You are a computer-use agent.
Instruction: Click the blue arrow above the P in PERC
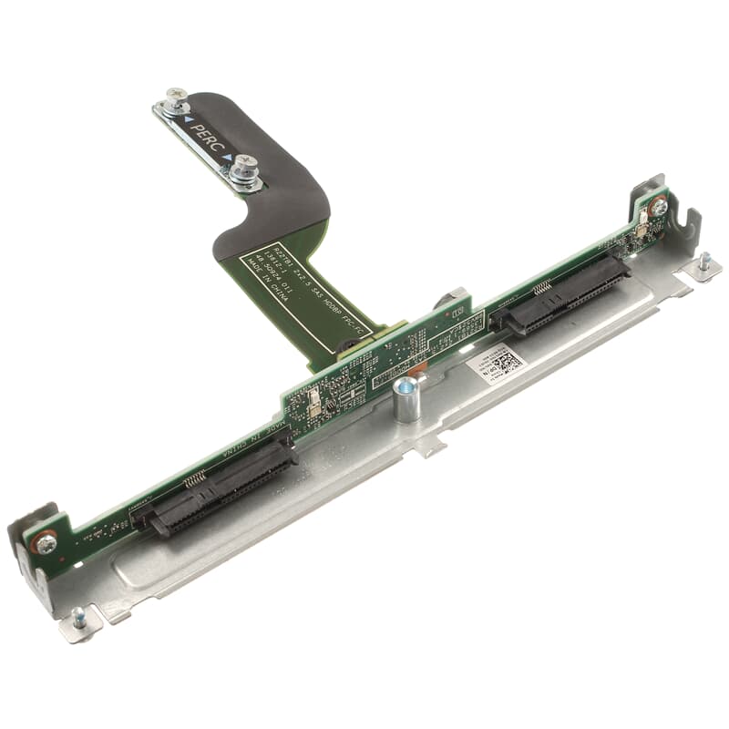click(187, 119)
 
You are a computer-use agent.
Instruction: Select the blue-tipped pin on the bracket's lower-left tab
click(78, 616)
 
